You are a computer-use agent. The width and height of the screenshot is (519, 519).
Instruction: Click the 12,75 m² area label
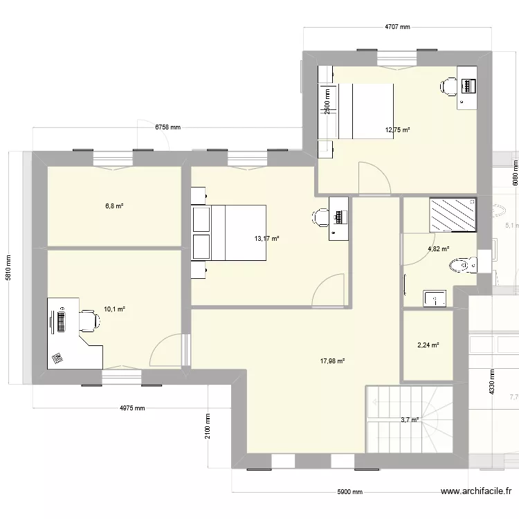(x=398, y=129)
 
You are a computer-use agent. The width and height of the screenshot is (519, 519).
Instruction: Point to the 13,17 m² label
(x=266, y=239)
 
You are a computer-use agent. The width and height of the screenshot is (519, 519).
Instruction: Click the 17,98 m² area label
(x=332, y=360)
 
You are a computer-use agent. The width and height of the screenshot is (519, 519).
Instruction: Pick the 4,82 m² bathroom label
(x=438, y=249)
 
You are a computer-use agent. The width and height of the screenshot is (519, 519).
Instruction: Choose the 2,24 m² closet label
(x=429, y=346)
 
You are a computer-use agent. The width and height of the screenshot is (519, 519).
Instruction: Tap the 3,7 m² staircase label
(x=410, y=420)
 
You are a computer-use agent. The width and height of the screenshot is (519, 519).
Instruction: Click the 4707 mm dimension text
(x=398, y=28)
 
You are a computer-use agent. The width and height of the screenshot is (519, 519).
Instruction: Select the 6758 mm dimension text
(x=167, y=127)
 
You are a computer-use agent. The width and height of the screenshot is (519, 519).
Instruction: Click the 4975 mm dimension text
(x=131, y=408)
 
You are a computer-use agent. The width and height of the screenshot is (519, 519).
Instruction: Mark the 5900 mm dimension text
(x=349, y=492)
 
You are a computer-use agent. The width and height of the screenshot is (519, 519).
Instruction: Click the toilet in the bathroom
(x=463, y=264)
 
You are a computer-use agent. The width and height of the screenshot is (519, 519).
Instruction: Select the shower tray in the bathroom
(x=453, y=215)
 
